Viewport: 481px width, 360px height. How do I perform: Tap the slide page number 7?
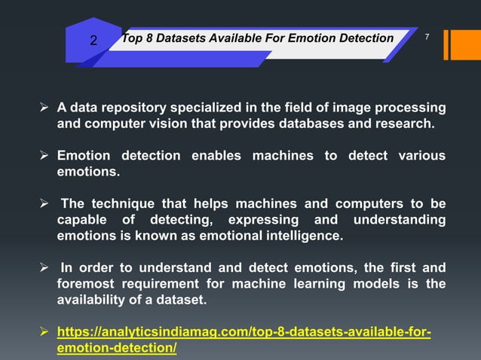(427, 37)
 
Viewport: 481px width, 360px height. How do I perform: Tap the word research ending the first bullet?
(406, 124)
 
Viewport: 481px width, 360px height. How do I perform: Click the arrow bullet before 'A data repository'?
(44, 107)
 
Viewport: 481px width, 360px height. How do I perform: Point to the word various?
(418, 156)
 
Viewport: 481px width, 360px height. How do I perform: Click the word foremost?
(89, 285)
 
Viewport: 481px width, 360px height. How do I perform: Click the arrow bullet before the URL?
(44, 332)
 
